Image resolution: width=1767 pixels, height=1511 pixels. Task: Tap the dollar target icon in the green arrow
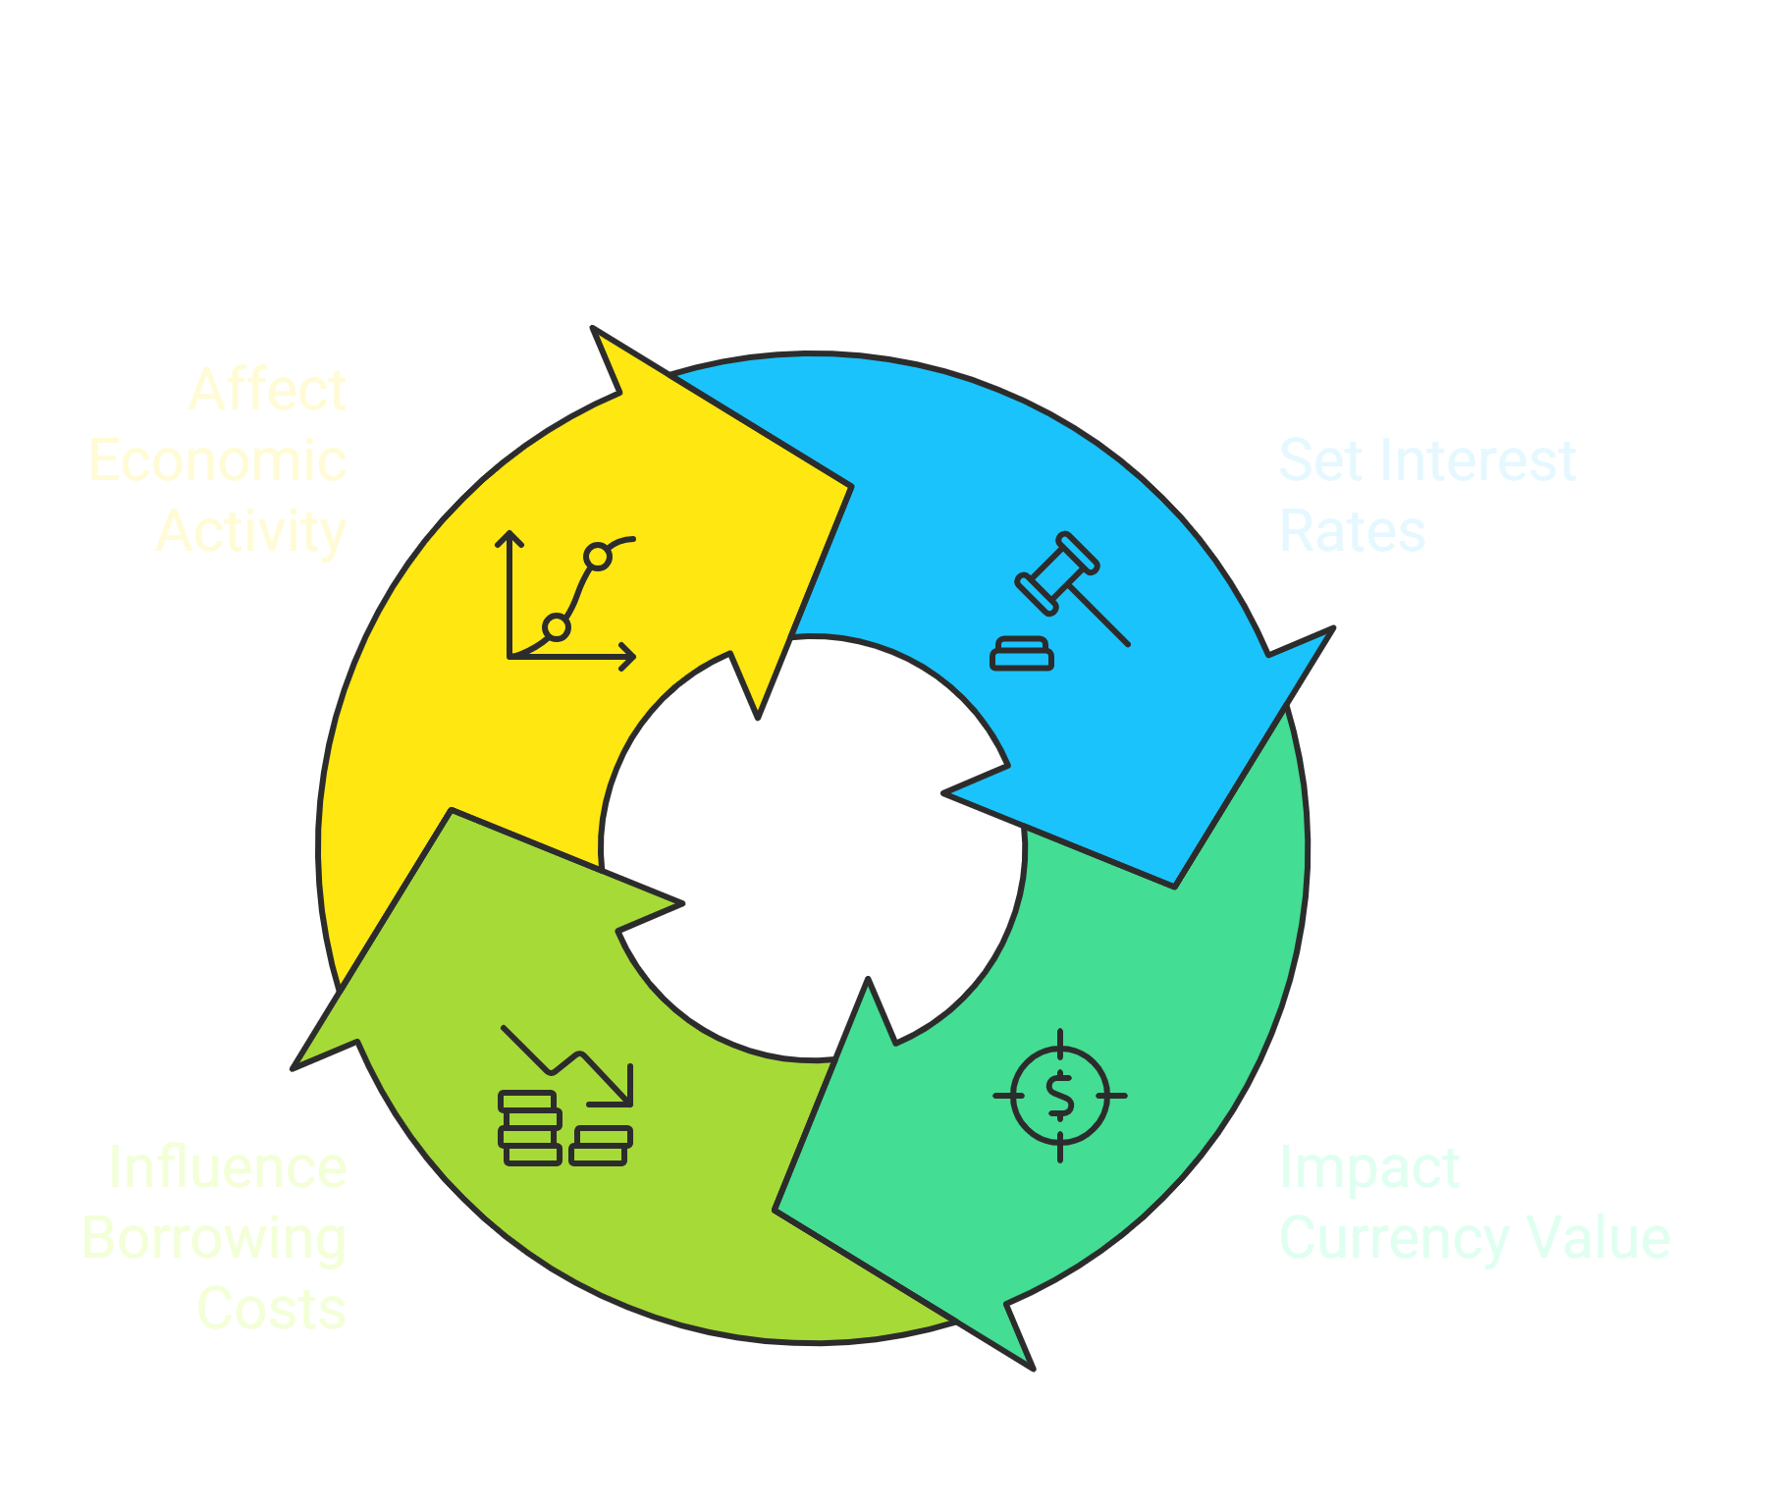(x=1060, y=1095)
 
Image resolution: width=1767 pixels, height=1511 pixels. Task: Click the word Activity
(x=251, y=531)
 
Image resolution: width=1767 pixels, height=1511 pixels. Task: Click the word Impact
(x=1369, y=1168)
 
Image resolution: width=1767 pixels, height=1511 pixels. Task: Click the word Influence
(x=228, y=1167)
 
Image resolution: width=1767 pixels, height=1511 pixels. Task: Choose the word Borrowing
(x=214, y=1238)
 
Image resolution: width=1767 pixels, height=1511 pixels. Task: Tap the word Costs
(x=272, y=1309)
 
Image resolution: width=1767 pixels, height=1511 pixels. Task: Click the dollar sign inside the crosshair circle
(x=1060, y=1096)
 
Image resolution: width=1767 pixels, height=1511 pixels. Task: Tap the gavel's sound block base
(x=1022, y=654)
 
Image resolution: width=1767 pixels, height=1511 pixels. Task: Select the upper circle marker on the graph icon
(x=598, y=557)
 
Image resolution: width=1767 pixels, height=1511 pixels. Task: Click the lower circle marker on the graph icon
(x=557, y=626)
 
